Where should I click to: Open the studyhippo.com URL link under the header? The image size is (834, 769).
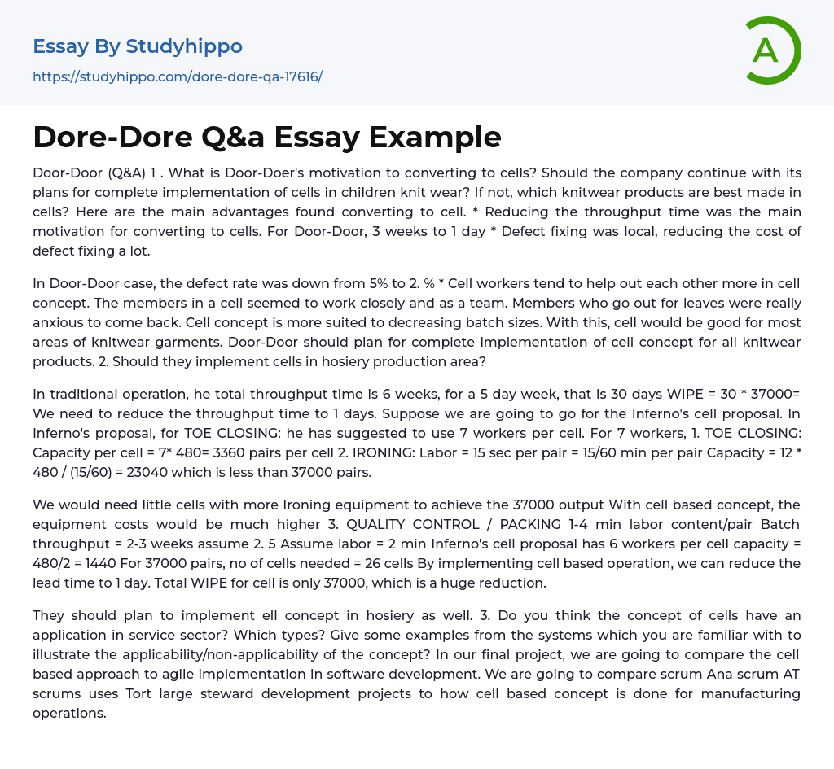click(x=178, y=76)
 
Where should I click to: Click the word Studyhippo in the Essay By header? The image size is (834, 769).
click(x=184, y=46)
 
